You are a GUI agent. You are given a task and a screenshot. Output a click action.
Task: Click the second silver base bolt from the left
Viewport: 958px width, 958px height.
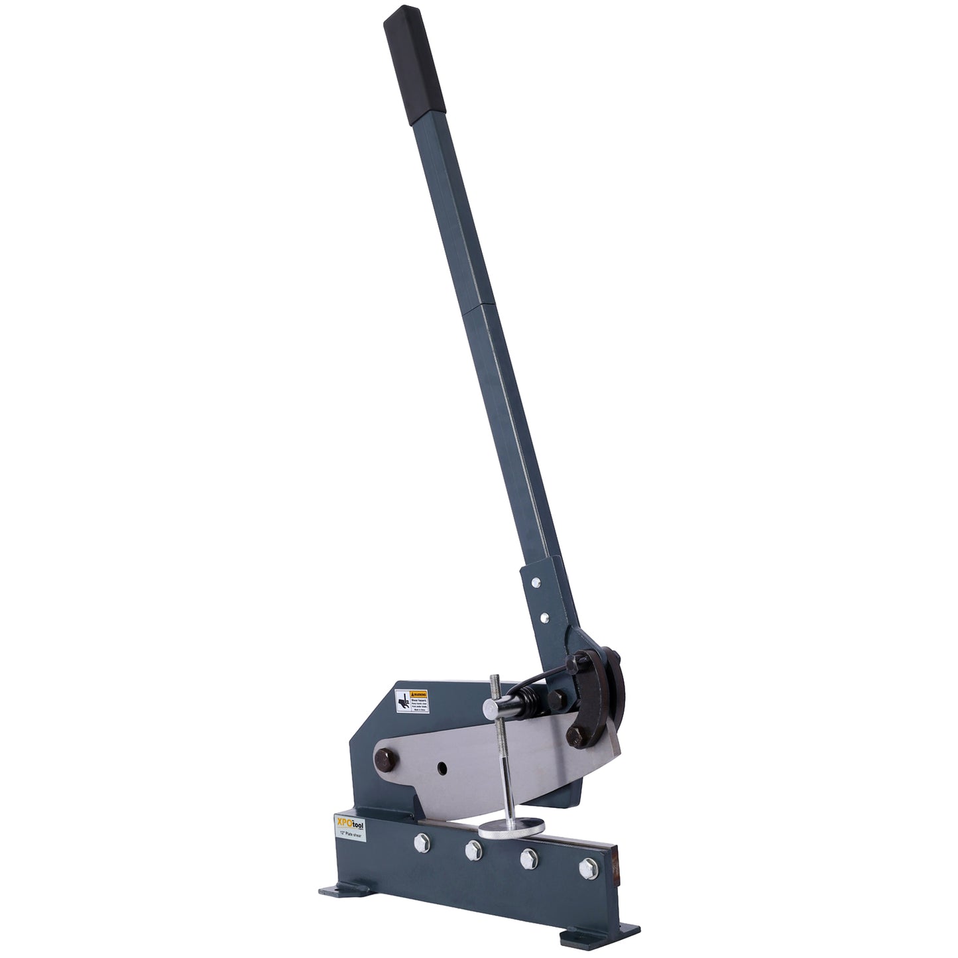(473, 850)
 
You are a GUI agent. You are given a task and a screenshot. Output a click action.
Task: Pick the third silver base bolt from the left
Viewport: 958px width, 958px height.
(528, 858)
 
